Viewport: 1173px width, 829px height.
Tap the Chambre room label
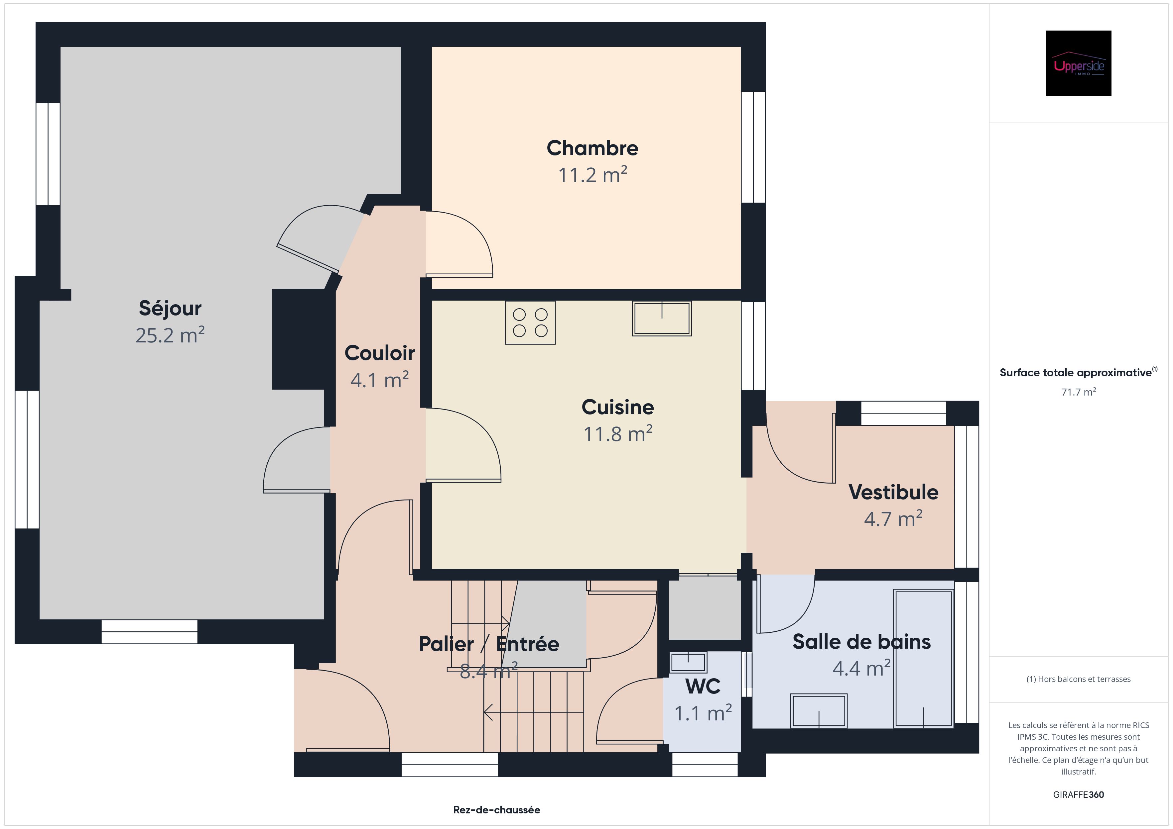[592, 148]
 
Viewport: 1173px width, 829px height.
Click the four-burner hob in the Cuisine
[530, 322]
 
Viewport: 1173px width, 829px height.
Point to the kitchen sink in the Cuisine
[662, 319]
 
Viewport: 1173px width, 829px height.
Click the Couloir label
[380, 353]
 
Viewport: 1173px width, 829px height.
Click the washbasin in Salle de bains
[819, 710]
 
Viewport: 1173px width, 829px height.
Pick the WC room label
[703, 687]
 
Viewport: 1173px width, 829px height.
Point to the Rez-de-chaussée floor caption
[496, 810]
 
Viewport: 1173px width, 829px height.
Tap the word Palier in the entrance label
[446, 644]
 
